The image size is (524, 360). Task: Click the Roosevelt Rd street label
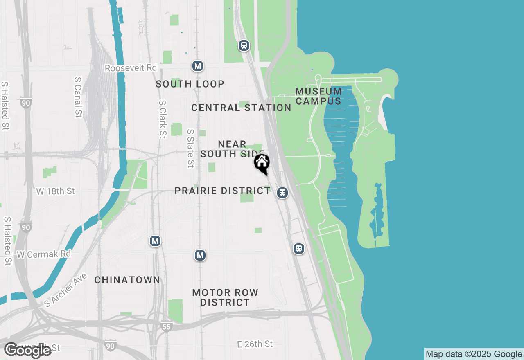pyautogui.click(x=131, y=68)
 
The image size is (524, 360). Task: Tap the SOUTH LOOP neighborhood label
pyautogui.click(x=190, y=84)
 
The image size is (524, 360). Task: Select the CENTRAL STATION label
pyautogui.click(x=241, y=108)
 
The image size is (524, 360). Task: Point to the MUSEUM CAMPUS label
pyautogui.click(x=318, y=96)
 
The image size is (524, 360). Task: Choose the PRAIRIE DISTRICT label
pyautogui.click(x=222, y=191)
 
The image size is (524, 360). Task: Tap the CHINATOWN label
pyautogui.click(x=127, y=280)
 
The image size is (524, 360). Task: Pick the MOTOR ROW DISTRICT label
pyautogui.click(x=225, y=297)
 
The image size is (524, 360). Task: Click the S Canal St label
pyautogui.click(x=78, y=97)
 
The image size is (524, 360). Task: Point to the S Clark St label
pyautogui.click(x=163, y=119)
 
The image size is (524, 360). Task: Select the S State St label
pyautogui.click(x=190, y=148)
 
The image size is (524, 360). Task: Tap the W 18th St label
pyautogui.click(x=56, y=191)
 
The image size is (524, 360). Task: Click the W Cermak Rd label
pyautogui.click(x=44, y=254)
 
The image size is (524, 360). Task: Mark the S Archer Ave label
pyautogui.click(x=66, y=290)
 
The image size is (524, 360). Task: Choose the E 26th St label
pyautogui.click(x=255, y=344)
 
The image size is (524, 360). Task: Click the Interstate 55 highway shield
pyautogui.click(x=166, y=326)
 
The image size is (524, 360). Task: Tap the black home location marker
pyautogui.click(x=262, y=163)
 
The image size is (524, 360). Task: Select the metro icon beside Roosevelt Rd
pyautogui.click(x=198, y=65)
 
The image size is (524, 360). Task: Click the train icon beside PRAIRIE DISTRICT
pyautogui.click(x=282, y=192)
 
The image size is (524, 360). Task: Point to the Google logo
pyautogui.click(x=28, y=350)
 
